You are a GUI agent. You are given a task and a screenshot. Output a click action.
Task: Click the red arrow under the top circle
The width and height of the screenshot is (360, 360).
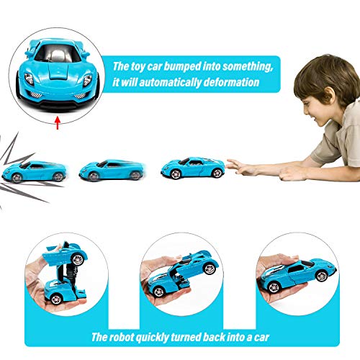pos(57,123)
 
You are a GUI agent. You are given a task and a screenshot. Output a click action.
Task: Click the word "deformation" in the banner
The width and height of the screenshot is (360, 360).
pos(231,82)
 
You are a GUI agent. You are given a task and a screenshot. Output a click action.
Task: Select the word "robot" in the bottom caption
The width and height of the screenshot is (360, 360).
pos(121,337)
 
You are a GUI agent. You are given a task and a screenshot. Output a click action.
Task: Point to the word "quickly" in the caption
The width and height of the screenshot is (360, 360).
pos(152,338)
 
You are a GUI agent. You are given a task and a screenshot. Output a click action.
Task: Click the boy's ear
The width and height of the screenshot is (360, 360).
pos(328,96)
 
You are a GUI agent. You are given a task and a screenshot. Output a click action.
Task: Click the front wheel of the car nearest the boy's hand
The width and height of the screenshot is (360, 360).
pos(176,174)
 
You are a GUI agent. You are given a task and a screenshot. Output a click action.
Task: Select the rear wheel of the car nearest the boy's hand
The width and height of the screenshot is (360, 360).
pos(217,173)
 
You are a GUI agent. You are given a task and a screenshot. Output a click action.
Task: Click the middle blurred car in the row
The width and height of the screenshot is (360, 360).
pos(112,169)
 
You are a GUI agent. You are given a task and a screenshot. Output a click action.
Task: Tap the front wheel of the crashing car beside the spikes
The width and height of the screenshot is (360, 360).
pos(17,178)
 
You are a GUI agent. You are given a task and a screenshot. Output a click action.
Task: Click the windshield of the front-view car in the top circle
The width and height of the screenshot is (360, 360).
pos(58,54)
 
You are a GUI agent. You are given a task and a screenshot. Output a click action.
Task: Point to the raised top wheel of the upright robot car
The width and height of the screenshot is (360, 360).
pos(78,259)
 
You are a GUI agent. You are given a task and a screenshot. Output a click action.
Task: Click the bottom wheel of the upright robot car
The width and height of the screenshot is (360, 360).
pos(56,300)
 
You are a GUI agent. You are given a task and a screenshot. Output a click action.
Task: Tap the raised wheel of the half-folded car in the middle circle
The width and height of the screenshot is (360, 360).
pos(210,268)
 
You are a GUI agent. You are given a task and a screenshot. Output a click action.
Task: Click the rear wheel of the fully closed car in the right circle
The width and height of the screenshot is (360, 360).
pos(322,276)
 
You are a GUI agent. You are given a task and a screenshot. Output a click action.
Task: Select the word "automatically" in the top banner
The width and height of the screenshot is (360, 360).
pos(170,82)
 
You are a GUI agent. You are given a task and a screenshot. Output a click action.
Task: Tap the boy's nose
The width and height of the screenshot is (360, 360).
pos(306,110)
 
